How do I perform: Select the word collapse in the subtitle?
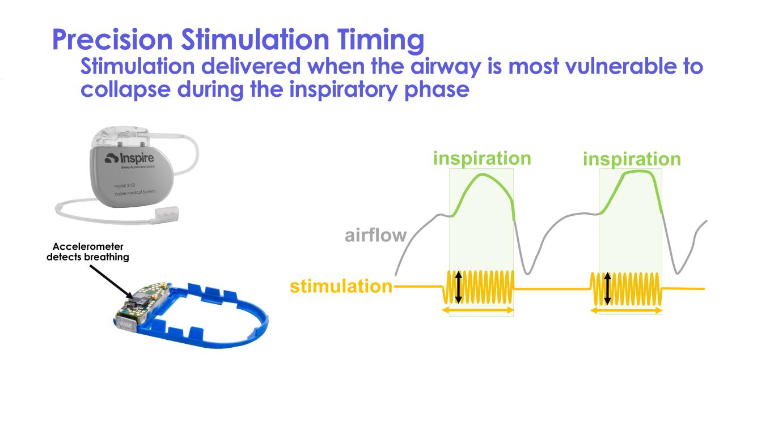pos(122,89)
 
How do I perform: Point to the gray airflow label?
pos(375,234)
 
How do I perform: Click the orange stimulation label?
pos(341,287)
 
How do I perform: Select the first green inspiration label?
pos(481,158)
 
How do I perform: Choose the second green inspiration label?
pos(632,159)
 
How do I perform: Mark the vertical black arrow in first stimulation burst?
pos(459,287)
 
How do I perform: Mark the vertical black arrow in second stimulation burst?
pos(607,288)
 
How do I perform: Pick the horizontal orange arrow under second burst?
pos(626,310)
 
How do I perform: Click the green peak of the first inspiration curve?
pos(483,175)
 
